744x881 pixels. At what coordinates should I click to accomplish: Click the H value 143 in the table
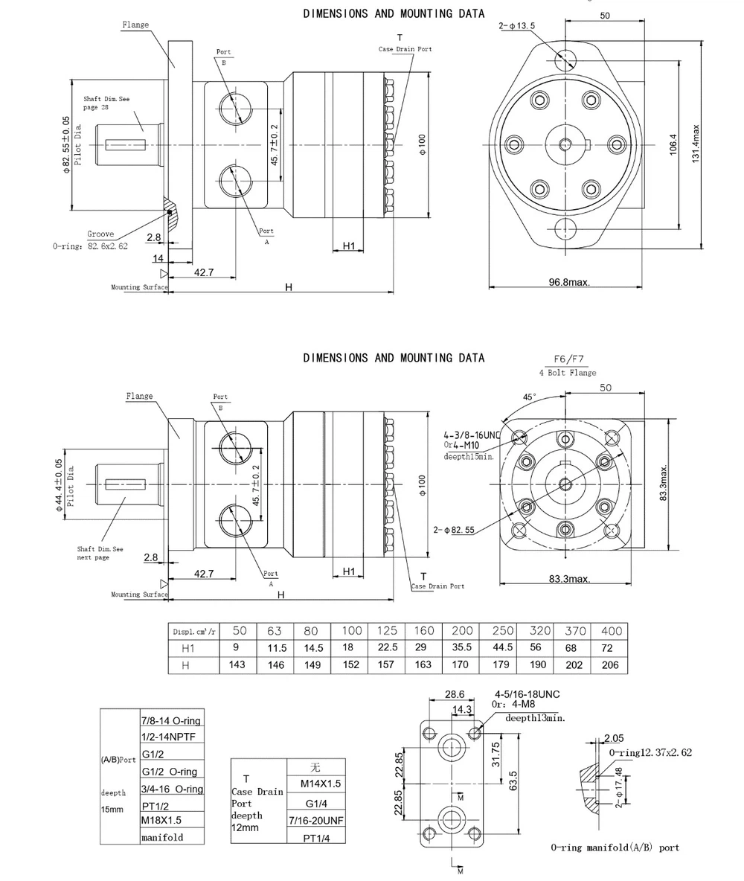[237, 664]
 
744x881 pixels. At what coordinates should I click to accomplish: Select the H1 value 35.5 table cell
[461, 647]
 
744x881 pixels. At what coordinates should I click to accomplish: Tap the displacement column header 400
[609, 630]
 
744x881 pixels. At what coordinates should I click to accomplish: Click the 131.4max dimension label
[696, 144]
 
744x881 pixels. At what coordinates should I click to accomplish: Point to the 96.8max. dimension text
[570, 282]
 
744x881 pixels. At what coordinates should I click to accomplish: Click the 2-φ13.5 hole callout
[517, 27]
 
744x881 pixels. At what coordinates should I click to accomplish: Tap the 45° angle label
[529, 397]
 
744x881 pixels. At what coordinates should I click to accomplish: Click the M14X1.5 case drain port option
[321, 784]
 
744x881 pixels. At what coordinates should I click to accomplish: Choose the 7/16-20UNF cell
[316, 819]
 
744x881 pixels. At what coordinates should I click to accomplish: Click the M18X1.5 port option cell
[161, 820]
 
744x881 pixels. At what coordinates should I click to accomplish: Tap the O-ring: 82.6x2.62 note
[90, 246]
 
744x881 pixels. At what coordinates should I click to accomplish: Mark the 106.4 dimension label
[673, 144]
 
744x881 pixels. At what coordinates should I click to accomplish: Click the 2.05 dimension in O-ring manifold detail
[614, 737]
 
